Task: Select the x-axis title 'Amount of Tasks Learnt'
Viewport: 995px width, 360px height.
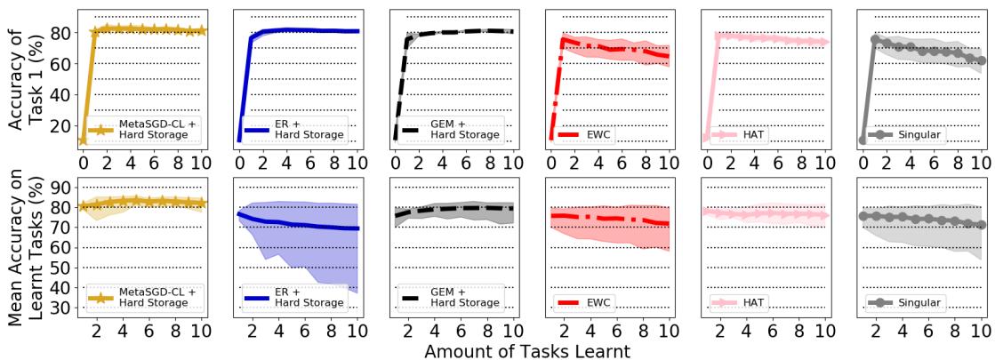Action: [527, 350]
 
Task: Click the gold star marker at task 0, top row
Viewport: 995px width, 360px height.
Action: [83, 140]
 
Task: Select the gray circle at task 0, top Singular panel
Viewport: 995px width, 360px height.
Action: [863, 140]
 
